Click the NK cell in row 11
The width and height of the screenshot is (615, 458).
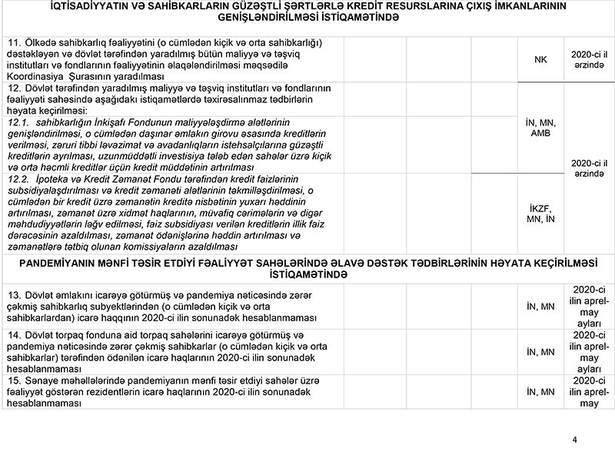pos(540,59)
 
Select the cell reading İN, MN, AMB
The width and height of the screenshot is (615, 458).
pos(540,128)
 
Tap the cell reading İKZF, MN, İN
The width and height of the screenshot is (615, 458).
pos(540,214)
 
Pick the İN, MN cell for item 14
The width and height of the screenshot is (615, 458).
pos(540,352)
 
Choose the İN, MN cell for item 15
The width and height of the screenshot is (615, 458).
pos(540,392)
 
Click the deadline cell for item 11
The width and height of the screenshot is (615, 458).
pos(589,59)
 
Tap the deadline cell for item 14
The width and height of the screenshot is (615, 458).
pos(589,352)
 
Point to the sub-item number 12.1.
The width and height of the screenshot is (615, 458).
pos(17,122)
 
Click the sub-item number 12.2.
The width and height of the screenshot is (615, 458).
pos(17,178)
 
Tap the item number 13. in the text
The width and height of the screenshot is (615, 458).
pos(13,296)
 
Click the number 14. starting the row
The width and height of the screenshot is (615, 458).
pos(13,337)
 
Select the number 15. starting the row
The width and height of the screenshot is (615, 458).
pos(13,380)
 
